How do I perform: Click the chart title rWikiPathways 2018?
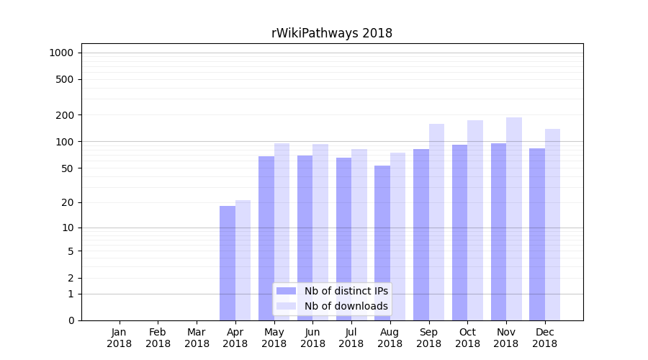pyautogui.click(x=331, y=33)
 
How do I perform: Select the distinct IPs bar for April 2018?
pyautogui.click(x=228, y=263)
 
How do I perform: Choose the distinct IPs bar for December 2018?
pyautogui.click(x=537, y=234)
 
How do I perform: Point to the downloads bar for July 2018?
pyautogui.click(x=359, y=235)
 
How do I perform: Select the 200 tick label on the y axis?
pyautogui.click(x=65, y=115)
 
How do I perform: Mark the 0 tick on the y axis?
pyautogui.click(x=71, y=320)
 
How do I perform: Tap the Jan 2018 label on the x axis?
pyautogui.click(x=120, y=338)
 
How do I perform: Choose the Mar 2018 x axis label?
pyautogui.click(x=197, y=338)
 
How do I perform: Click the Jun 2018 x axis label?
pyautogui.click(x=312, y=338)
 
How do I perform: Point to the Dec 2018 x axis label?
pyautogui.click(x=545, y=338)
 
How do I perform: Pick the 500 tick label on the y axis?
pyautogui.click(x=65, y=79)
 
